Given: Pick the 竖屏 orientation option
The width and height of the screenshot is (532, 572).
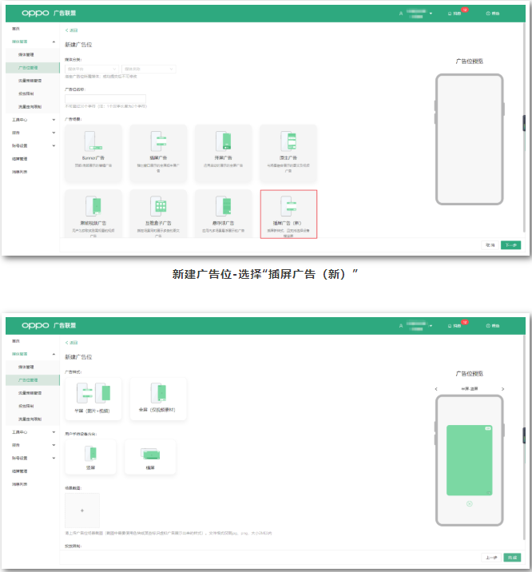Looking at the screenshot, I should click(x=91, y=457).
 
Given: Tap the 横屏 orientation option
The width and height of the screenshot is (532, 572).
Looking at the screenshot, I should click(x=150, y=457).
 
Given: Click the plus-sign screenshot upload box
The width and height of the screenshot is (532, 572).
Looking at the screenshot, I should click(x=82, y=510).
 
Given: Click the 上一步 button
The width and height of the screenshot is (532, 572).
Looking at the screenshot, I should click(x=490, y=557).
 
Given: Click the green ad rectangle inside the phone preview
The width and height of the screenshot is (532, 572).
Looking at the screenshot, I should click(x=470, y=460).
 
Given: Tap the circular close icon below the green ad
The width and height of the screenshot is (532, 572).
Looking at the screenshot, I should click(x=470, y=503).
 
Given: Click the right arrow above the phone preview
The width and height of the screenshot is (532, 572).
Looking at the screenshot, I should click(x=502, y=389).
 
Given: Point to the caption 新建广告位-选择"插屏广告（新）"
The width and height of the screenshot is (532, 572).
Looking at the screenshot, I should click(x=265, y=274).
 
